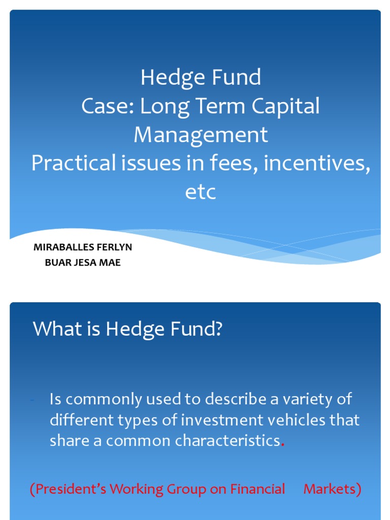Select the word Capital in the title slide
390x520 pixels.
coord(288,106)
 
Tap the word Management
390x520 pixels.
coord(201,135)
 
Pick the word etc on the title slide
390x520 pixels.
coord(201,192)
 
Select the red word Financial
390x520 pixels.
coord(257,489)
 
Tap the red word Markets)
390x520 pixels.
coord(332,489)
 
